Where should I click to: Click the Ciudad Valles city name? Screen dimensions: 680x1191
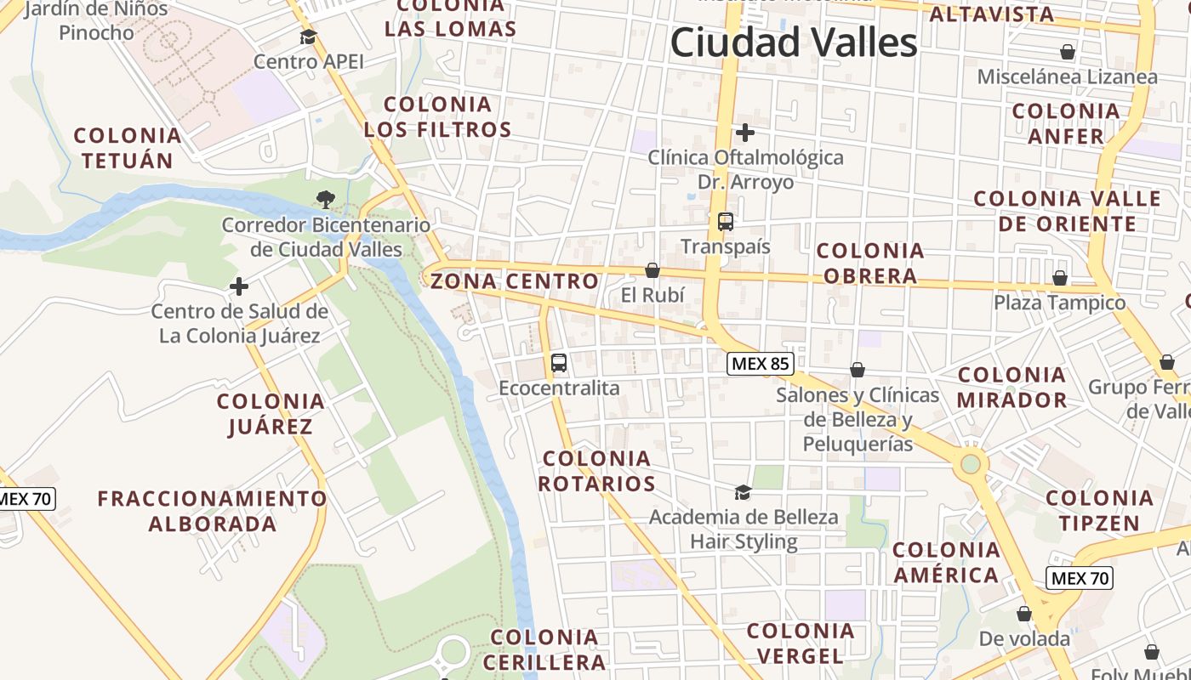pos(794,42)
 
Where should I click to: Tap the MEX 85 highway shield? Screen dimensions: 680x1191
pos(761,365)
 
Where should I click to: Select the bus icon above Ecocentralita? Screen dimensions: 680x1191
pos(559,363)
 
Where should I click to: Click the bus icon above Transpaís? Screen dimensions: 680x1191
pos(726,222)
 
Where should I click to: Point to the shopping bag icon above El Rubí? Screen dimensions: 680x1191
pos(652,270)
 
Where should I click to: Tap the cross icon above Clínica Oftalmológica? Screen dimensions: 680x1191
pos(745,133)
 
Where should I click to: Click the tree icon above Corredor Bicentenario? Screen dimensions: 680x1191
pos(325,200)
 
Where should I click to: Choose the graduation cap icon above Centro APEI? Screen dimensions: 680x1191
pos(308,37)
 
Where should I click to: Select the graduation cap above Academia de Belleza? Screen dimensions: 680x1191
pos(743,492)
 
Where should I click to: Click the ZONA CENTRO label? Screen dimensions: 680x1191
pos(515,281)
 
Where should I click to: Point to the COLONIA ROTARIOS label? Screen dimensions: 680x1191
pos(598,471)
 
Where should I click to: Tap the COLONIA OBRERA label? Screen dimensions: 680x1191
pos(870,263)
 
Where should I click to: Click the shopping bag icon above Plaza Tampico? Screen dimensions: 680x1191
pos(1060,278)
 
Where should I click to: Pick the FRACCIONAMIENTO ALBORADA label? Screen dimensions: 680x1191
pos(212,511)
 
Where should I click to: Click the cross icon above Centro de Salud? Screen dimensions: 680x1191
pos(240,286)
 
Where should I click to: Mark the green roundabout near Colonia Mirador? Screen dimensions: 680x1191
pos(970,464)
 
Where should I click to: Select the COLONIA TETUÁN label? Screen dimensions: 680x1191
pos(128,148)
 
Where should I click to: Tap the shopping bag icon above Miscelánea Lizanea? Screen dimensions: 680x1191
pos(1068,53)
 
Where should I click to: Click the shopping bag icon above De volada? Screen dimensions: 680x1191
pos(1024,614)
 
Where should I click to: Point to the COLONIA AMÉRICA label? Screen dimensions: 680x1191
pos(946,563)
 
